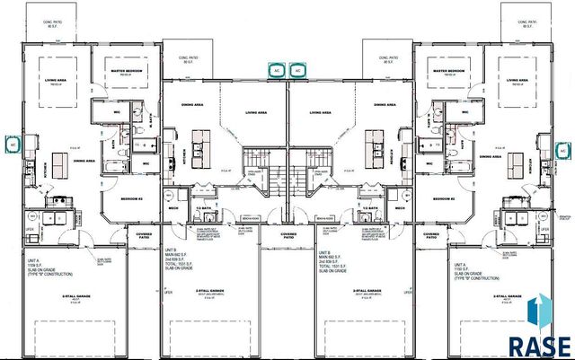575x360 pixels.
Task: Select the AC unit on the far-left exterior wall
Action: pos(12,143)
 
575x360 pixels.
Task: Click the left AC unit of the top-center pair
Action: pos(275,68)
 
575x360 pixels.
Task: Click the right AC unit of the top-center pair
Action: pos(301,68)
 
